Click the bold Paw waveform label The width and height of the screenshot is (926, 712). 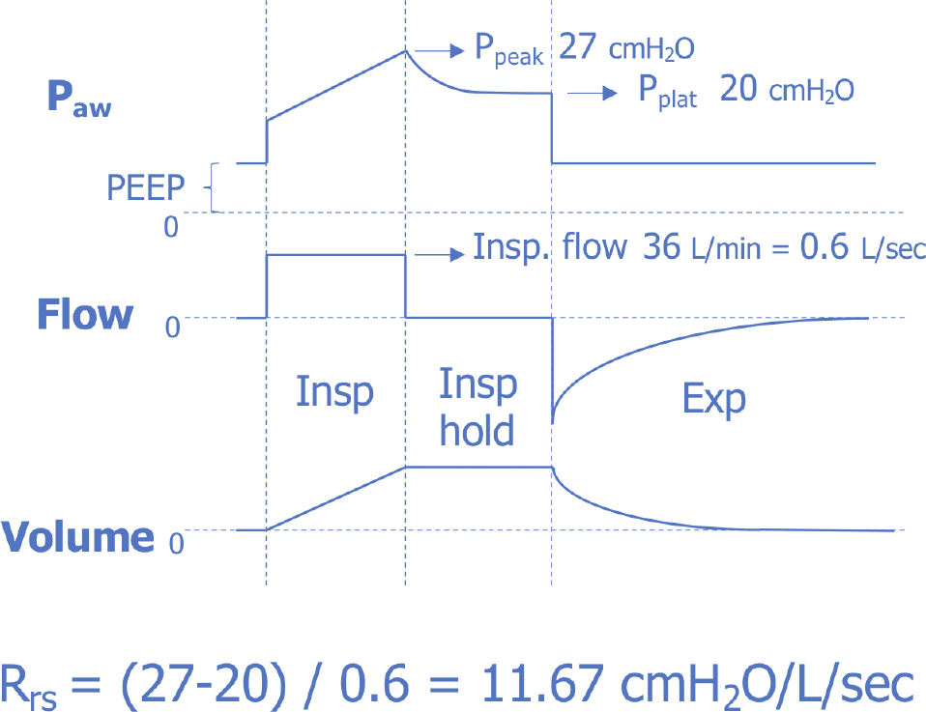[79, 100]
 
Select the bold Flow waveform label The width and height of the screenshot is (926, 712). [84, 315]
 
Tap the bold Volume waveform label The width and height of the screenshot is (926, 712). [78, 537]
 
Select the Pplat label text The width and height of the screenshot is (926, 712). [666, 93]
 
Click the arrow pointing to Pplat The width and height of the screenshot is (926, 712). [593, 93]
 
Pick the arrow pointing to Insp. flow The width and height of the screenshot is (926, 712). [436, 254]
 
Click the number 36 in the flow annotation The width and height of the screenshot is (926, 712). [661, 247]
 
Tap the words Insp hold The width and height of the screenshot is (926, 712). [477, 407]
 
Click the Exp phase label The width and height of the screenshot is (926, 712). [714, 398]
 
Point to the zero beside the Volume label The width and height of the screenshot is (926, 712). [176, 543]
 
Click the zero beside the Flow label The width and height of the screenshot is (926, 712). [173, 328]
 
